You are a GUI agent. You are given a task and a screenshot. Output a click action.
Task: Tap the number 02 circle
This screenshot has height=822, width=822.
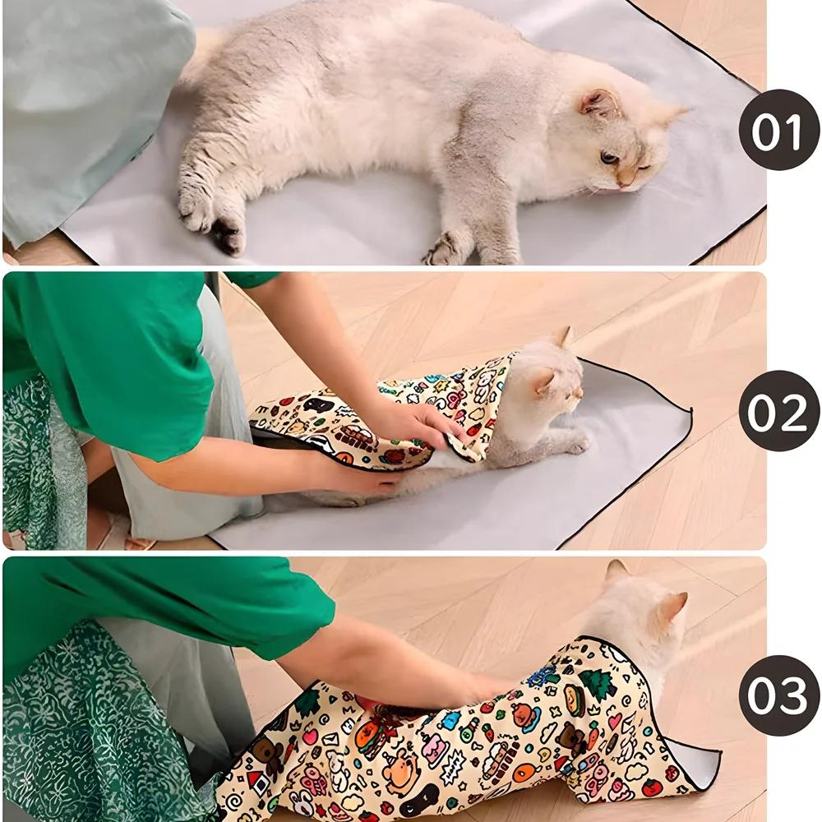point(778,410)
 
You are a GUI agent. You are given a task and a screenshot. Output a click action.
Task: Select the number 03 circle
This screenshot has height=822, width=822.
point(778,695)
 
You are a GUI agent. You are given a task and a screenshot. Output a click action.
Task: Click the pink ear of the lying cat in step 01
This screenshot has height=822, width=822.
point(598,103)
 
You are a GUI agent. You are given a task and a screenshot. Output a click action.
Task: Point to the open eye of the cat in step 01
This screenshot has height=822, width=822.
point(609,157)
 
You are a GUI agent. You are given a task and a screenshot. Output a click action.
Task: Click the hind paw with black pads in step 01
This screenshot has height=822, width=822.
point(227,236)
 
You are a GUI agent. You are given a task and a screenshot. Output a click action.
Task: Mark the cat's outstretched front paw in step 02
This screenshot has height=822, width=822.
point(575,444)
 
